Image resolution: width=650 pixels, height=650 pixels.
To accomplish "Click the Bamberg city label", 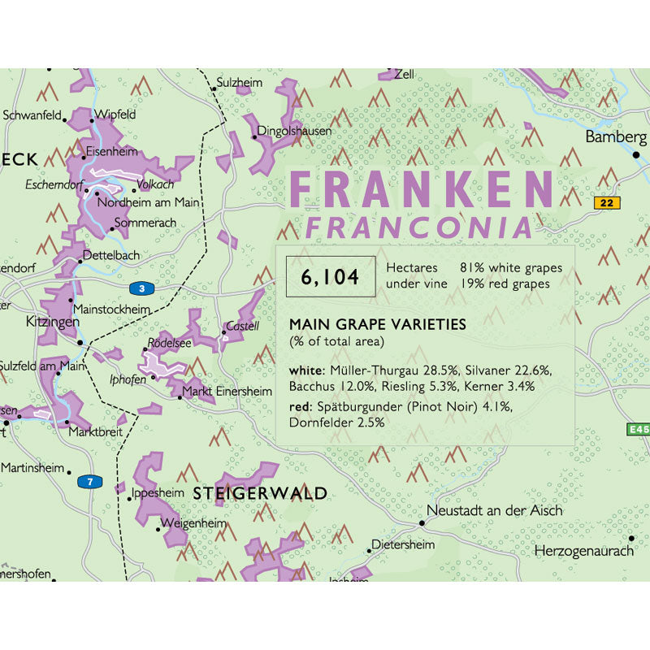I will pos(616,137).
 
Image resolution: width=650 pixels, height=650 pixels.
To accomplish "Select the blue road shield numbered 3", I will pos(141,288).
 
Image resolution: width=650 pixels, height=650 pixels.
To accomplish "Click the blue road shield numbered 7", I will pos(90,482).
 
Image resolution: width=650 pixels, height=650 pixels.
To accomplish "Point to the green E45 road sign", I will pos(638,429).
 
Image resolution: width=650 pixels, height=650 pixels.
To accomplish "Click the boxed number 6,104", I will pos(330,278).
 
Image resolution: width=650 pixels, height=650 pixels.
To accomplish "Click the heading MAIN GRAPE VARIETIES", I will pos(378,324).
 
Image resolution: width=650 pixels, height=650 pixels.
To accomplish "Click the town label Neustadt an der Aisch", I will pos(495,511).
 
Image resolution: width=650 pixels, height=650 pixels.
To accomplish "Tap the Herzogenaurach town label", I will pos(583,552).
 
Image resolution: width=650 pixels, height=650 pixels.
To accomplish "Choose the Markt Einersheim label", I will pos(227,392).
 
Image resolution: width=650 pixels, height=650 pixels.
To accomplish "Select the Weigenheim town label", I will pos(196,523).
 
